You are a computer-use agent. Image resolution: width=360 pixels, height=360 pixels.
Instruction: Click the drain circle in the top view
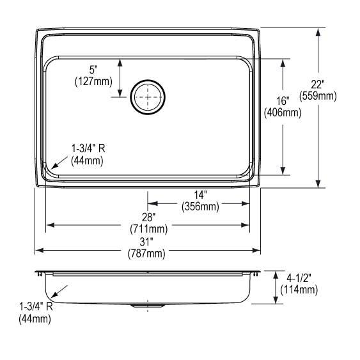click(148, 97)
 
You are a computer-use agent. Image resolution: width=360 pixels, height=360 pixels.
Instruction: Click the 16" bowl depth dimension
click(283, 101)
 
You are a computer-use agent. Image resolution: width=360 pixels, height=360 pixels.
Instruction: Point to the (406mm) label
click(283, 113)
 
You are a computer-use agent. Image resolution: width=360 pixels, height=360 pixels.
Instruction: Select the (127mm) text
click(93, 81)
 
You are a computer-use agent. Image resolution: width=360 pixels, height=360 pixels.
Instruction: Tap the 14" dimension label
click(200, 194)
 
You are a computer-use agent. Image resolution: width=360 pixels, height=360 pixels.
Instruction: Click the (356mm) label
click(200, 206)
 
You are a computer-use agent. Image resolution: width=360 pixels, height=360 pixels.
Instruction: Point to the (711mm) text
click(148, 228)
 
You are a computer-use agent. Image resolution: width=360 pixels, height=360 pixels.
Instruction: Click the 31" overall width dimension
click(148, 242)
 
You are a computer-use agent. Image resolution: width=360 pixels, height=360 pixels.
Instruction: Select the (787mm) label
click(148, 253)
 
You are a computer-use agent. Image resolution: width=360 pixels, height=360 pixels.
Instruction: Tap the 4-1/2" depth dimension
click(299, 278)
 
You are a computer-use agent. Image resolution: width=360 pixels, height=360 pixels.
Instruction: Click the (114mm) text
click(299, 290)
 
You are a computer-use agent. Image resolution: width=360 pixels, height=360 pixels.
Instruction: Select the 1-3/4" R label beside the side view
click(36, 307)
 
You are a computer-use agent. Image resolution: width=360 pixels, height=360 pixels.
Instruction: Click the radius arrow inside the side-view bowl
click(59, 293)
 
